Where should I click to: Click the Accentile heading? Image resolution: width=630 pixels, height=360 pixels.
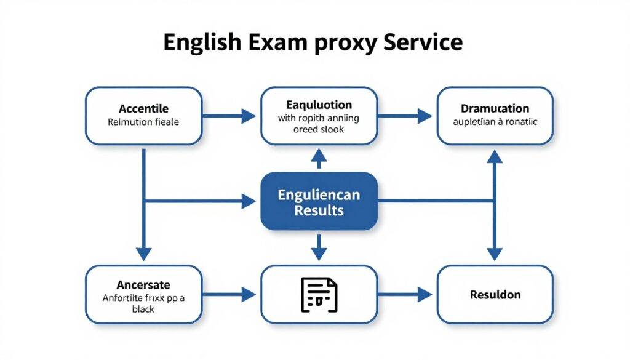pos(143,109)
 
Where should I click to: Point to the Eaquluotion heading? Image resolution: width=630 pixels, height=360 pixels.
pos(319,105)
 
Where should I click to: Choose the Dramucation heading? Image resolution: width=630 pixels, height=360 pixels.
pos(495,108)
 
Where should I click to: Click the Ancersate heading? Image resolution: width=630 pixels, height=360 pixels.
pos(143,285)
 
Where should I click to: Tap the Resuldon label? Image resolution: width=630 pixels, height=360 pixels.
pos(495,295)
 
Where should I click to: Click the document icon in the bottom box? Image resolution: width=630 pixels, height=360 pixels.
pos(319,294)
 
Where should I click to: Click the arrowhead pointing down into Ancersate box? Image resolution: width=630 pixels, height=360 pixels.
pos(143,254)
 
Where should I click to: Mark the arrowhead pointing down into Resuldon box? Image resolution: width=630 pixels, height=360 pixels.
pos(495,254)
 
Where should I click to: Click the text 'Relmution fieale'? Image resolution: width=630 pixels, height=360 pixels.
pos(143,122)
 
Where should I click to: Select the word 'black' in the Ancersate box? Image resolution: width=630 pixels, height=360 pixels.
pos(143,309)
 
